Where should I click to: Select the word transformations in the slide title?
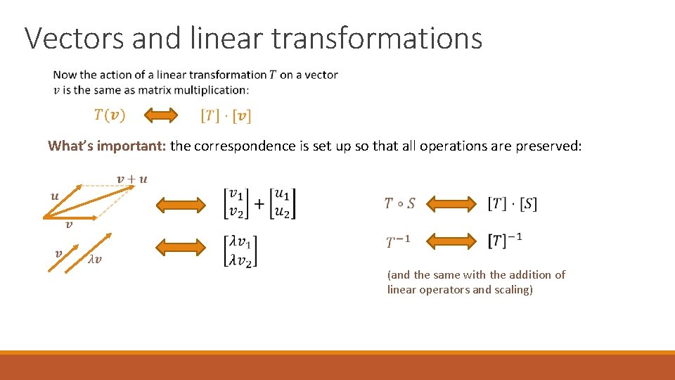[377, 38]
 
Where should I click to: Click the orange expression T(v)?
[110, 115]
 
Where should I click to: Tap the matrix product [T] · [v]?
[226, 115]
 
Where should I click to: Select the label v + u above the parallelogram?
[131, 179]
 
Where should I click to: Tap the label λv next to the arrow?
[95, 258]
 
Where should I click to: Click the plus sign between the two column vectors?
[259, 203]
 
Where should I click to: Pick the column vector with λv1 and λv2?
[240, 251]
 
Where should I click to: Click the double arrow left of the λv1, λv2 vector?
[179, 248]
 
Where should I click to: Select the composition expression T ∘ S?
[399, 204]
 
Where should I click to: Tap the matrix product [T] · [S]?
[512, 204]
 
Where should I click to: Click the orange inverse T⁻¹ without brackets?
[397, 242]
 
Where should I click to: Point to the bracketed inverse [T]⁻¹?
[505, 241]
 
